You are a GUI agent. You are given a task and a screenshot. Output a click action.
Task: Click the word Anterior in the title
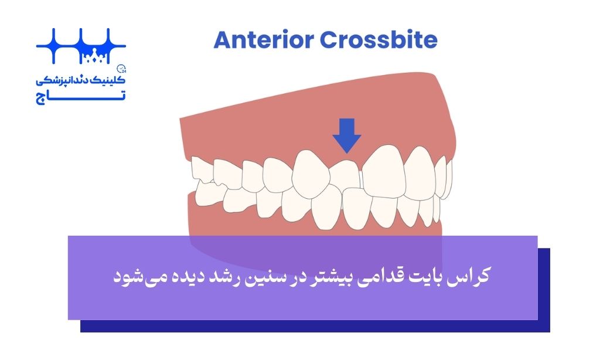(264, 40)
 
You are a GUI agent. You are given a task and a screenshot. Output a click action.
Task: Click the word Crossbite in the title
(379, 40)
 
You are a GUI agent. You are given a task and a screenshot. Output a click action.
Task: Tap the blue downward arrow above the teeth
(347, 135)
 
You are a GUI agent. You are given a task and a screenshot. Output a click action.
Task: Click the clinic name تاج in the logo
(81, 97)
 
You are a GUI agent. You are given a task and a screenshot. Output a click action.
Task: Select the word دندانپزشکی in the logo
(64, 80)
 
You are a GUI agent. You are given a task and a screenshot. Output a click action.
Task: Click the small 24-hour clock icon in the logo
(122, 69)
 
